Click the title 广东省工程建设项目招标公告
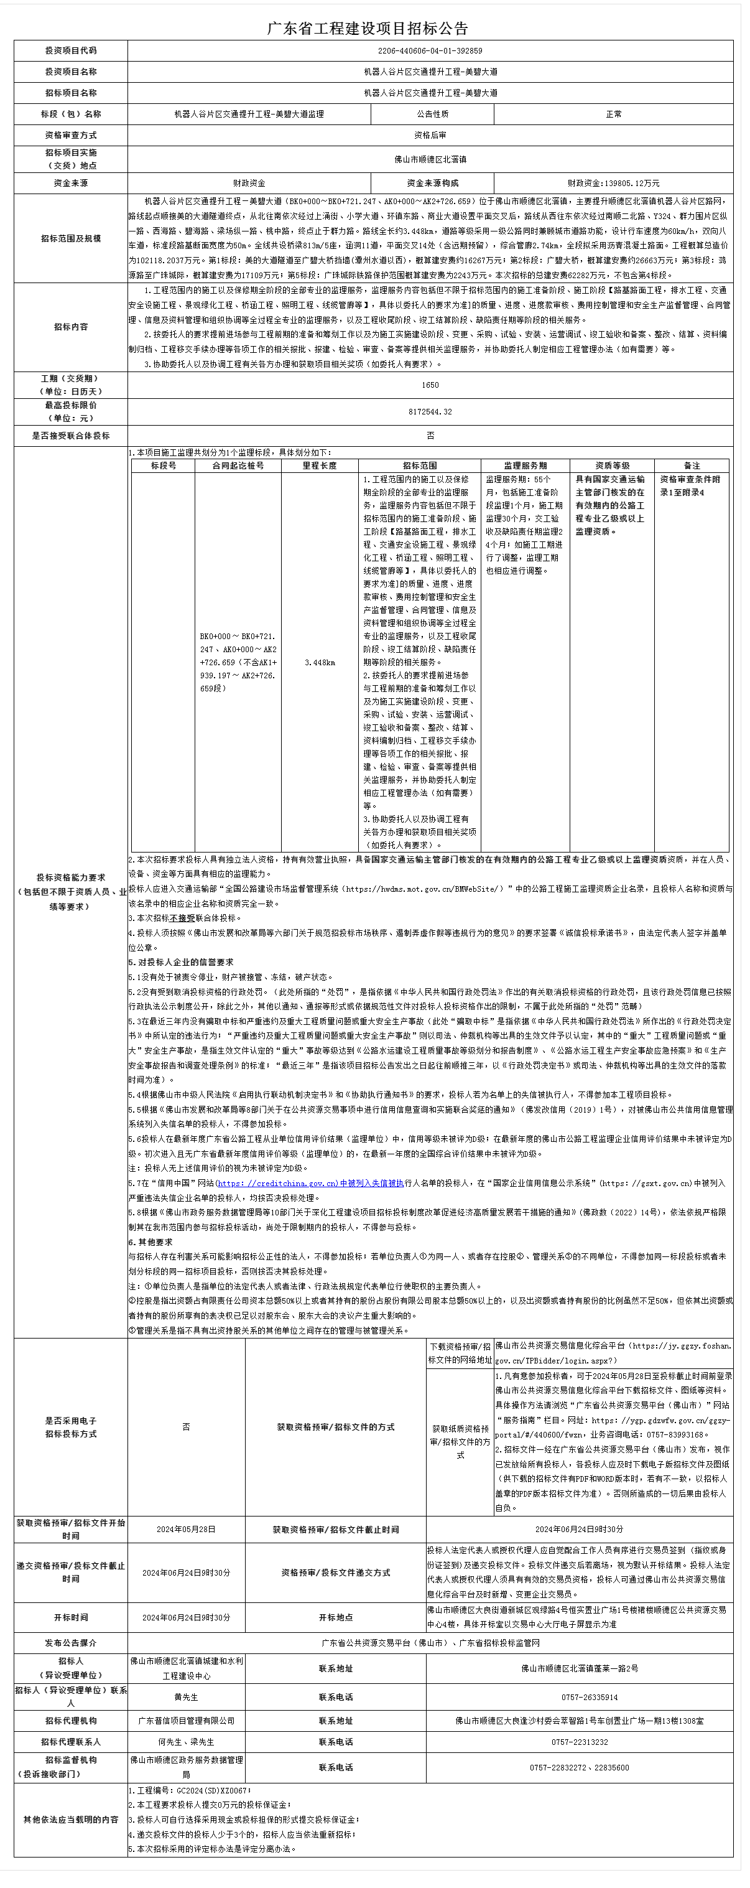[367, 29]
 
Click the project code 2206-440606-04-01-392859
[430, 50]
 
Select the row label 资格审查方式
[70, 135]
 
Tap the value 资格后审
[430, 135]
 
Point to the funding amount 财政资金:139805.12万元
[613, 183]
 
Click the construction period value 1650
[430, 385]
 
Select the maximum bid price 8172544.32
[430, 412]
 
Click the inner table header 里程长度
[320, 465]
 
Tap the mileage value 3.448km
[320, 663]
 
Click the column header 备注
[692, 465]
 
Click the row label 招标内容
[70, 327]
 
